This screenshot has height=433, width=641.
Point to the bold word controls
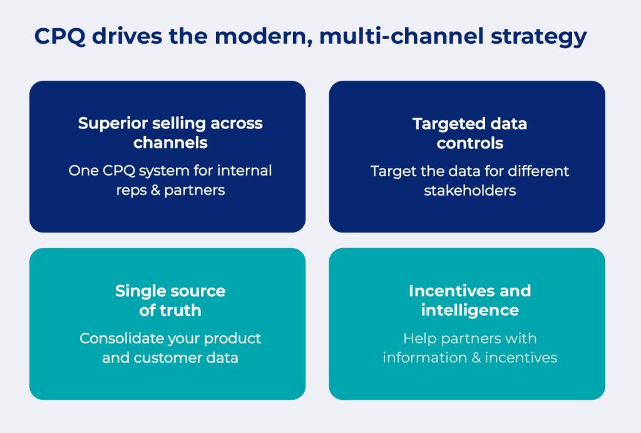tap(469, 143)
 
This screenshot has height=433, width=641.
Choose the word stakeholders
tap(469, 190)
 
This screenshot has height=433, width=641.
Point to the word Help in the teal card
tap(419, 338)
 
